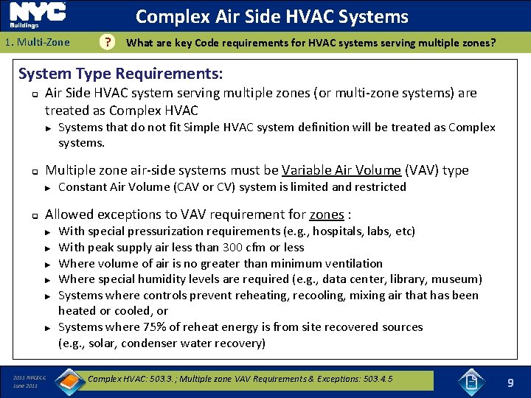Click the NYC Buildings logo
coord(38,15)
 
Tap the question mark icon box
coord(108,43)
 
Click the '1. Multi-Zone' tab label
coord(37,43)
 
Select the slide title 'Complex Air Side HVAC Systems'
coord(271,16)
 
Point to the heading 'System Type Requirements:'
coord(120,74)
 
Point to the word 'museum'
coord(458,279)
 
